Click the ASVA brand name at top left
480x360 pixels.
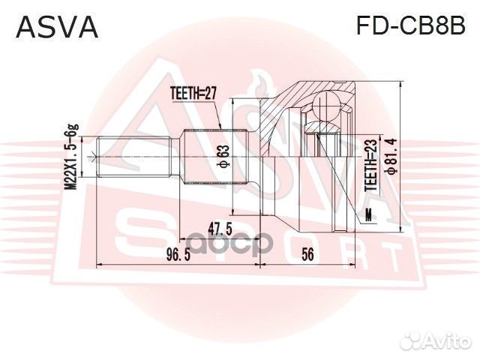57,28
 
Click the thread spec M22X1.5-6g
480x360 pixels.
72,156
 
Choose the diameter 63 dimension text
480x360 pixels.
223,156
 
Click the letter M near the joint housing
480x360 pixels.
368,216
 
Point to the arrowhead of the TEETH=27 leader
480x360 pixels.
220,128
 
